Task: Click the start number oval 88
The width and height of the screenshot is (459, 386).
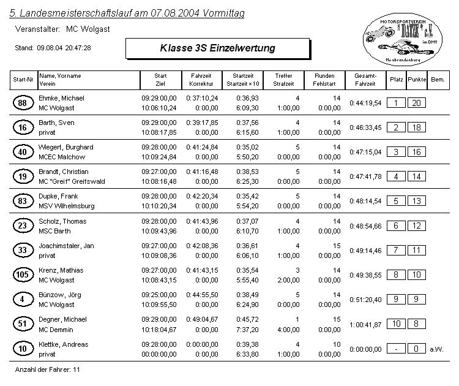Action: pos(22,103)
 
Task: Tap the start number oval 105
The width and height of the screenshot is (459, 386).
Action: pos(22,275)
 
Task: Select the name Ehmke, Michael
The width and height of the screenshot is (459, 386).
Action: pos(61,98)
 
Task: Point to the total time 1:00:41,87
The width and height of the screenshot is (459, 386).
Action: pos(365,324)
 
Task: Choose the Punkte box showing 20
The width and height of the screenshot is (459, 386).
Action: pos(417,103)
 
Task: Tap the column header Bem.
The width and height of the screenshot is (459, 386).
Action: pos(438,80)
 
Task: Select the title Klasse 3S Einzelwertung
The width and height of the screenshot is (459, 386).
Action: pos(217,48)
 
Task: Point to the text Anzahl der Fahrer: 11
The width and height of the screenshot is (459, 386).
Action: pos(47,370)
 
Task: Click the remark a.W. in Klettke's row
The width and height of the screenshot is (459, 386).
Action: pos(436,349)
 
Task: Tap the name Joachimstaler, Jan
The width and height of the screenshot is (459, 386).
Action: pos(66,246)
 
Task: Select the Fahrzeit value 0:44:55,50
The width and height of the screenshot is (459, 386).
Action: pos(202,295)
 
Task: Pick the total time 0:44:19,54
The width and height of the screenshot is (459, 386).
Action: pos(365,103)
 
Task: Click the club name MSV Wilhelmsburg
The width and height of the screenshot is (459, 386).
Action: pos(67,206)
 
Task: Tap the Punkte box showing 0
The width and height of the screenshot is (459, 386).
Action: pos(417,349)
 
